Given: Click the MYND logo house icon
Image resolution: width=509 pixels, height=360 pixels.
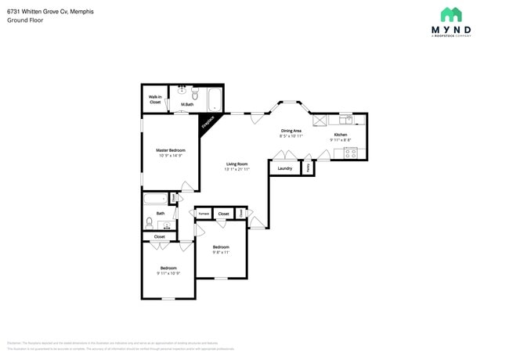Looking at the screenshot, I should [451, 14].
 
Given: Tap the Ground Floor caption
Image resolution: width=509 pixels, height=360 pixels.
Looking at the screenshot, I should [25, 20].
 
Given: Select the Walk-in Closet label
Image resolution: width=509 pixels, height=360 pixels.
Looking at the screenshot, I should [155, 99].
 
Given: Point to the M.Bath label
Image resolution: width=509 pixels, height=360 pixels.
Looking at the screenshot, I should [187, 104].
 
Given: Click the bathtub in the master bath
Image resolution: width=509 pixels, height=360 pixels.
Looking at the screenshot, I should [213, 100].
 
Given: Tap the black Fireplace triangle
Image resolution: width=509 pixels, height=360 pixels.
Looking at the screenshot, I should [208, 123].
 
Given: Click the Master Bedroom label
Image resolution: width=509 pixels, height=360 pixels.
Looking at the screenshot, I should [170, 149].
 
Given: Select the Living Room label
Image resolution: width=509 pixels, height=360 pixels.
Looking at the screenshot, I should [236, 164].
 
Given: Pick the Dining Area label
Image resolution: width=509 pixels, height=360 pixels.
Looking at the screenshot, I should [291, 131].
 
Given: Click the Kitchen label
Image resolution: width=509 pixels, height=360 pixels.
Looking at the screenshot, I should [341, 135].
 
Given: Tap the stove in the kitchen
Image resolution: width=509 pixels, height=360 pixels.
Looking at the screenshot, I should [349, 153].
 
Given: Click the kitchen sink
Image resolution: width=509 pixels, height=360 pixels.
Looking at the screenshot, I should [345, 120].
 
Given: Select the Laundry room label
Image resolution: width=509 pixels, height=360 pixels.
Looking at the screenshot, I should [285, 168].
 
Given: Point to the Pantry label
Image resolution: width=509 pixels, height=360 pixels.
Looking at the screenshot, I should [308, 167].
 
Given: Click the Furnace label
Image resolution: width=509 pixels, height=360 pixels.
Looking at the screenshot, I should [203, 213].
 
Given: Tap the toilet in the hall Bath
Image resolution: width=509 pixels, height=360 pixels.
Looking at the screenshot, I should [149, 222].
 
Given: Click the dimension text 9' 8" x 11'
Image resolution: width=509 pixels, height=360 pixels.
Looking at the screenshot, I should [221, 252].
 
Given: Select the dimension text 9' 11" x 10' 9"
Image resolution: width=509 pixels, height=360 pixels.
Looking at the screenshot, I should [168, 273].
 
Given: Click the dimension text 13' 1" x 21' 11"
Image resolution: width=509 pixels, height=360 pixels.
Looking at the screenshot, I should [236, 169].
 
